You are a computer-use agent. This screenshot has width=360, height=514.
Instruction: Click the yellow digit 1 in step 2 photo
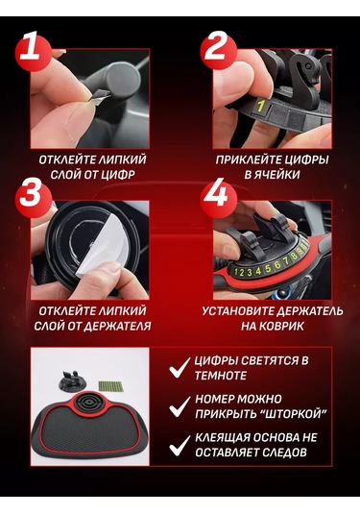[258, 104]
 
